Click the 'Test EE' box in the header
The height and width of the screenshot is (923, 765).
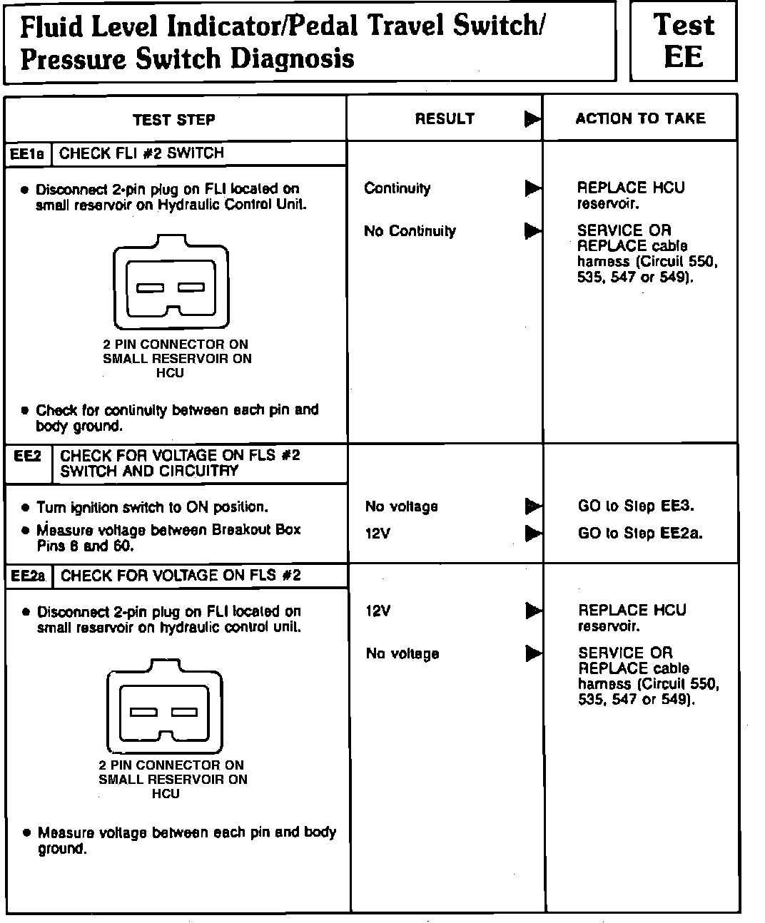click(683, 41)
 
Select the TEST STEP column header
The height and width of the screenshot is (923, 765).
click(174, 120)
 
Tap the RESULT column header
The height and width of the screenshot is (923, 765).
click(445, 119)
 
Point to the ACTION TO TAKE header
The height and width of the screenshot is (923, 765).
click(640, 118)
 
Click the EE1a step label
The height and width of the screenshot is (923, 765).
click(28, 154)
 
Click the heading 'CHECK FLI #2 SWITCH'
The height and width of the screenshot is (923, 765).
click(141, 153)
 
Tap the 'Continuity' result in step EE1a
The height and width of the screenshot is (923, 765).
click(397, 188)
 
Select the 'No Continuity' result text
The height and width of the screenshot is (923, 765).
click(410, 231)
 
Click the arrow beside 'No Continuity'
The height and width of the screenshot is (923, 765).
click(533, 231)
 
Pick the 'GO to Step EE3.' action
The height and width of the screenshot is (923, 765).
click(636, 506)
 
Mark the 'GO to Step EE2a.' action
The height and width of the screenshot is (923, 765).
click(640, 533)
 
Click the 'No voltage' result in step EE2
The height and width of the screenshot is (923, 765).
click(401, 506)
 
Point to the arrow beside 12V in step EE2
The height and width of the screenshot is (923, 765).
click(533, 533)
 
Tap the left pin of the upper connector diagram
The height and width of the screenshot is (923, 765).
click(151, 288)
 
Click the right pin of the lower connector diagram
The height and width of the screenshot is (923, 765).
click(184, 712)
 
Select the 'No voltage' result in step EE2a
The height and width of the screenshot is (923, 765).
click(402, 653)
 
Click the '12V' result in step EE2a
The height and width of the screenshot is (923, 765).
click(378, 611)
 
